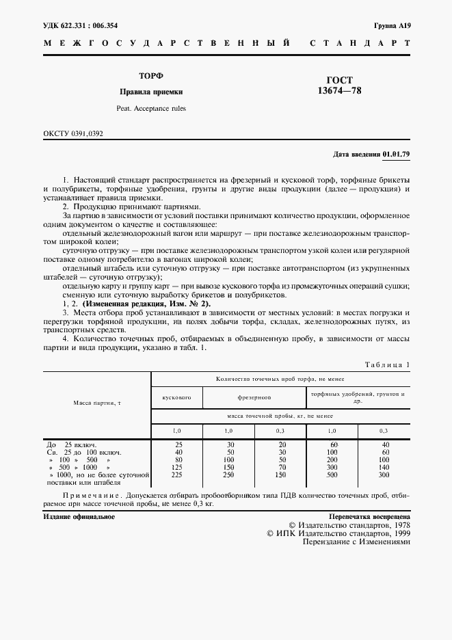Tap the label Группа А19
coord(392,26)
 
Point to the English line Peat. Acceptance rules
coord(151,108)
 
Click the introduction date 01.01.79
coord(396,154)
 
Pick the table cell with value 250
coord(229,475)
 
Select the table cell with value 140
coord(384,467)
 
